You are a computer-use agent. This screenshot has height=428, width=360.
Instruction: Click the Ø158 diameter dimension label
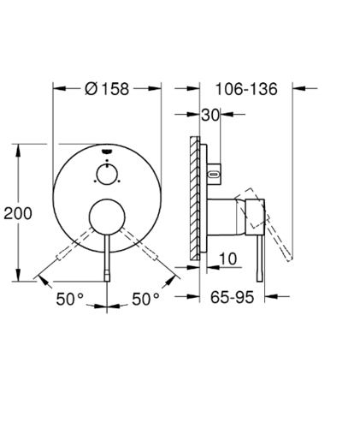[107, 89]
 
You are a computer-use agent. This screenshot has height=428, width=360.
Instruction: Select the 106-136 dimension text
[246, 89]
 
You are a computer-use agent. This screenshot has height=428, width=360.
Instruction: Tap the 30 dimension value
[210, 115]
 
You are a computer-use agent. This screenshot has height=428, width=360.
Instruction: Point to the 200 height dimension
[18, 213]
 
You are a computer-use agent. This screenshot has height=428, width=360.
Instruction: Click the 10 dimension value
[228, 259]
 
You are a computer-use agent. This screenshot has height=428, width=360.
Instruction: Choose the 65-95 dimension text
[232, 297]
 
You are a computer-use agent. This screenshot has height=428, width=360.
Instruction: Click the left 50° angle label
[70, 299]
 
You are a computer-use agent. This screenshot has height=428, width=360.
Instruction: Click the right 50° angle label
[145, 299]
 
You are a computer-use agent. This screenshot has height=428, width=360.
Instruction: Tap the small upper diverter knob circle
[107, 175]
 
